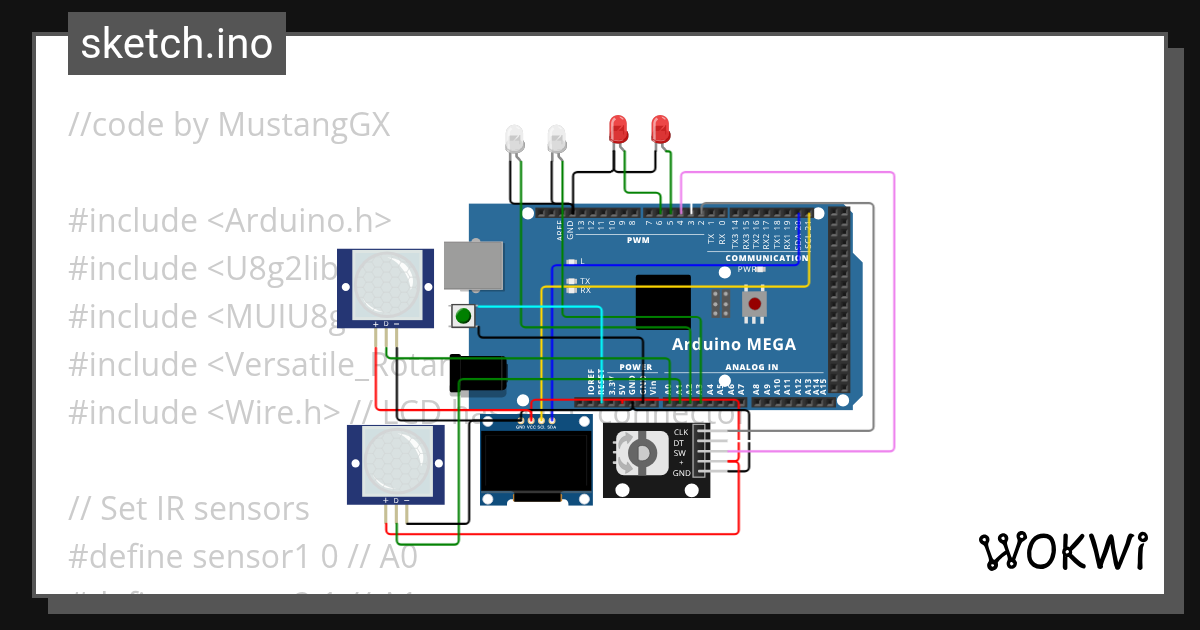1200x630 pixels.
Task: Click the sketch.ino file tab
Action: (x=176, y=44)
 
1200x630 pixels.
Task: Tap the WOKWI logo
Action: (x=1062, y=551)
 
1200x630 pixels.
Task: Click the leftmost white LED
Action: (x=515, y=139)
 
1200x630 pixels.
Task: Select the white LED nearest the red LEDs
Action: (x=557, y=139)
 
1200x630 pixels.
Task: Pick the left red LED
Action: (x=619, y=129)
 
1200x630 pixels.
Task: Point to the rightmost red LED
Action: (x=659, y=129)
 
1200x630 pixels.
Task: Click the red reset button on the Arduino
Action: (x=755, y=302)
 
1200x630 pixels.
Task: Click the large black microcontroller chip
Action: (x=662, y=301)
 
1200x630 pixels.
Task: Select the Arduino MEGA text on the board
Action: (x=733, y=345)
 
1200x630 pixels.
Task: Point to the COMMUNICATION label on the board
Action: (x=766, y=258)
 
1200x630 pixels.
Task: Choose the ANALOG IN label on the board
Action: (x=751, y=367)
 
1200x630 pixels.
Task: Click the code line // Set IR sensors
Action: (x=189, y=508)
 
